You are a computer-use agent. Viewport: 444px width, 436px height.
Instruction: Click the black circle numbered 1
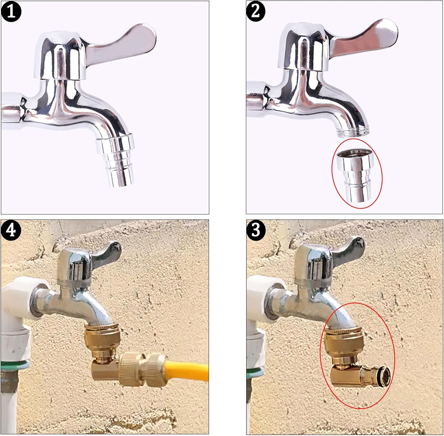(x=11, y=12)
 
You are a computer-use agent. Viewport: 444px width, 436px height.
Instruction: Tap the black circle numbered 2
(x=256, y=12)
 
